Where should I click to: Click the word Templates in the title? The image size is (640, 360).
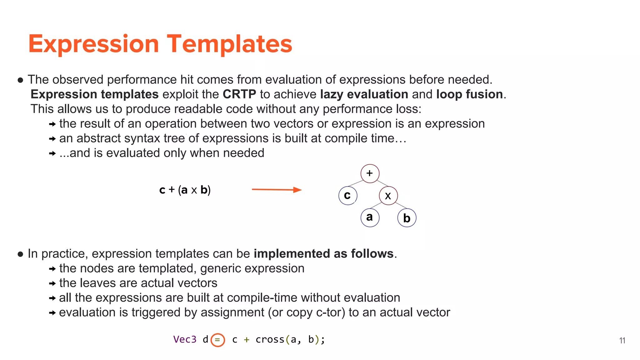(229, 44)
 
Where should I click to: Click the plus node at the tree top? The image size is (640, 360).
(370, 173)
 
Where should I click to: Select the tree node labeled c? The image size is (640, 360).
(347, 196)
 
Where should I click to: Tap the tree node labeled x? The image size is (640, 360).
(388, 196)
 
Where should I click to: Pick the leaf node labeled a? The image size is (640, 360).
(370, 217)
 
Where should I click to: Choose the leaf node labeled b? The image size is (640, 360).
(407, 218)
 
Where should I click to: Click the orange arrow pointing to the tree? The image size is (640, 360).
(277, 189)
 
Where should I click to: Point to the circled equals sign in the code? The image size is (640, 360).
(217, 340)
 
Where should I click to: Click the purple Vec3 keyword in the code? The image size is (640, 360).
(185, 339)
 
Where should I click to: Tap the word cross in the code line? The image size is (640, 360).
(270, 339)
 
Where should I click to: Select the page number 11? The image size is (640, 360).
(622, 341)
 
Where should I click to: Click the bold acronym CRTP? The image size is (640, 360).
(239, 94)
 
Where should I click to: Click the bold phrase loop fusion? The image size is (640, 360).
(469, 94)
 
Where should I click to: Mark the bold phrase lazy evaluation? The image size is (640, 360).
(364, 94)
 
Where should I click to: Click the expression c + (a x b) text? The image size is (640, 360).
(185, 190)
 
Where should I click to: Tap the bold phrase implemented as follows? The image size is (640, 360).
(323, 254)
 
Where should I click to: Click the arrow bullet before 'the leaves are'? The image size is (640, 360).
(52, 283)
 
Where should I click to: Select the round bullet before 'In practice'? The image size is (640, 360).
(21, 254)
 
